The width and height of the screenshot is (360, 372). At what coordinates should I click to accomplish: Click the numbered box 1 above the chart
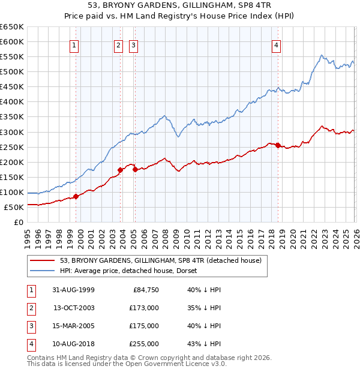(x=74, y=45)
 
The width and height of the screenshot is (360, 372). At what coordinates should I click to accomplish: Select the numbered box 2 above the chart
(x=118, y=45)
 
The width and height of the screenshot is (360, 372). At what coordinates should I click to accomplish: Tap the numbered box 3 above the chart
(x=133, y=45)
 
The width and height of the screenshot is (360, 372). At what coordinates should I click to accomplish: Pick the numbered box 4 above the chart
(x=276, y=45)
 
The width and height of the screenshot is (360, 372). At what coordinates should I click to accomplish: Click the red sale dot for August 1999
(x=76, y=196)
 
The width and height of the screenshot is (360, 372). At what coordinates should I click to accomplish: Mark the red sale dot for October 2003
(x=120, y=170)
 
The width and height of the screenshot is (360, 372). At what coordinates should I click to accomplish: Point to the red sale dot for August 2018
(x=278, y=145)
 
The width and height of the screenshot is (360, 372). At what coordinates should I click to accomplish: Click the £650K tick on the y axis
(x=12, y=27)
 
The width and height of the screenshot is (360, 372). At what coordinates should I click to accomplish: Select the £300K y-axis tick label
(x=12, y=132)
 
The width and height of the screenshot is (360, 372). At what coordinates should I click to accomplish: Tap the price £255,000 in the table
(x=145, y=344)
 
